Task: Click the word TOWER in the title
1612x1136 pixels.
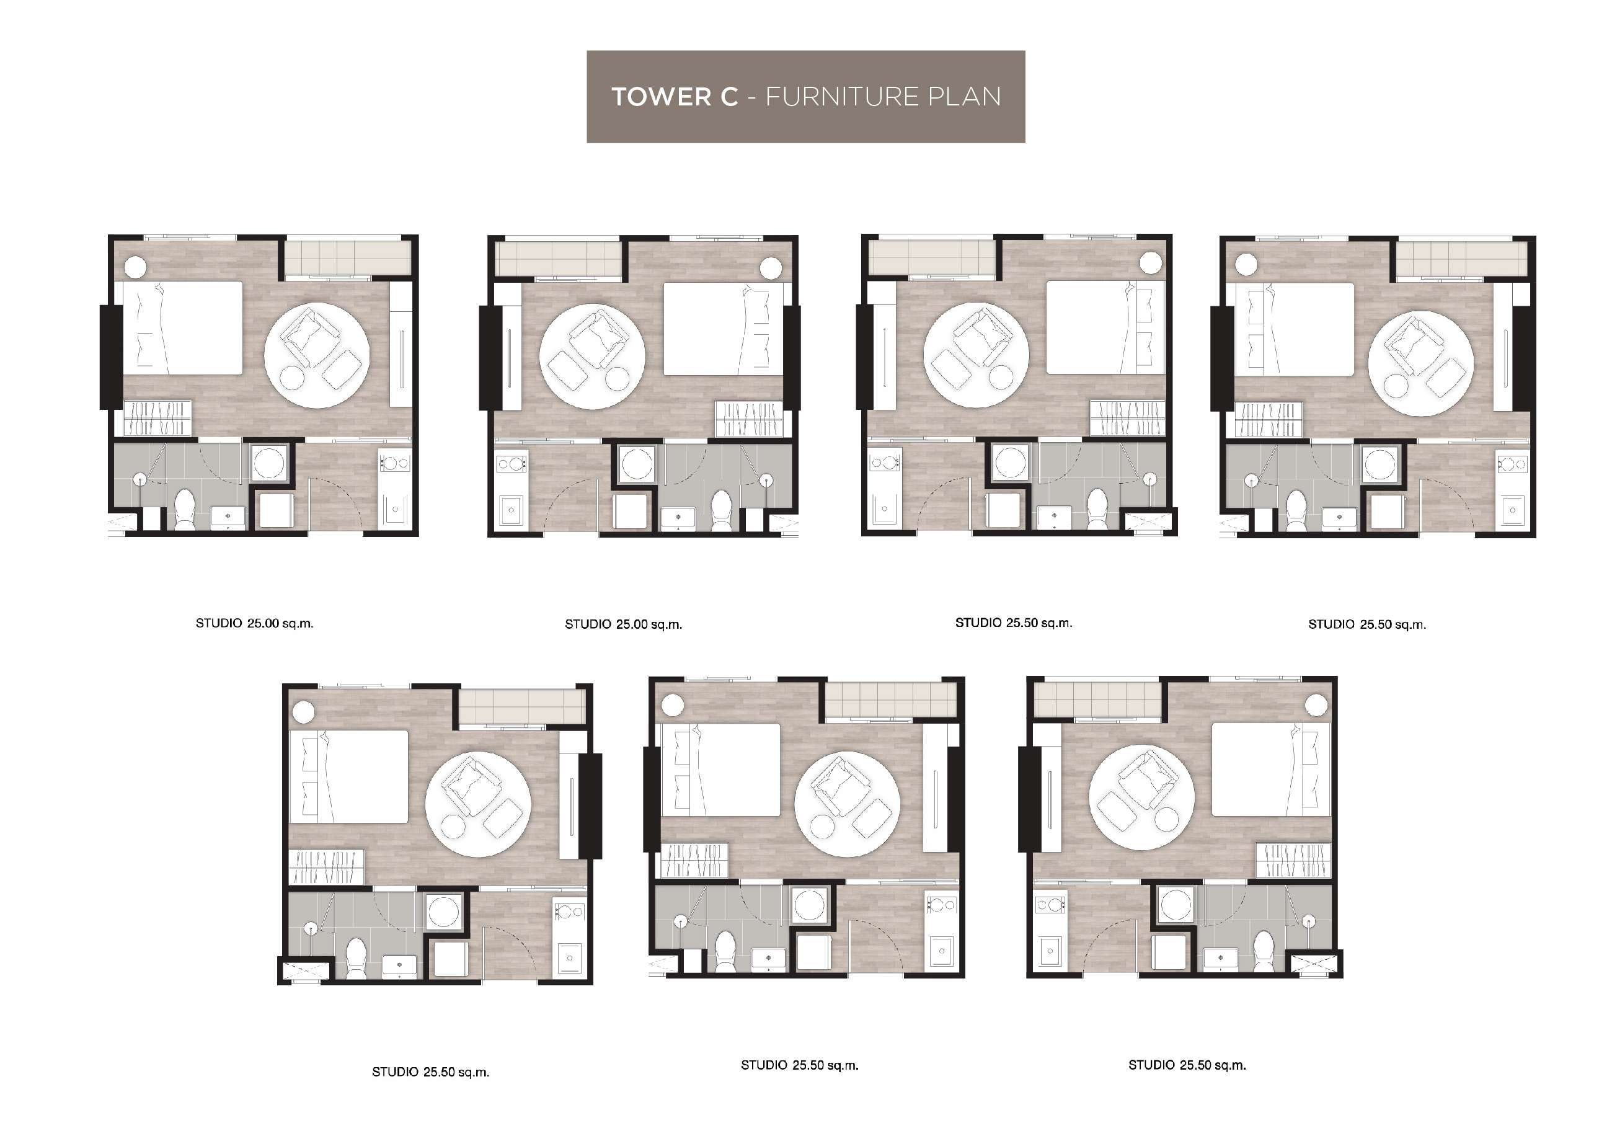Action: click(675, 97)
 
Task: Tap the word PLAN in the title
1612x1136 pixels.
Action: click(965, 97)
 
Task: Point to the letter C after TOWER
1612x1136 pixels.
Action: click(727, 97)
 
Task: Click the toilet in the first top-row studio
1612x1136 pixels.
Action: click(185, 510)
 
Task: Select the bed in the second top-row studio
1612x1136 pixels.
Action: click(723, 329)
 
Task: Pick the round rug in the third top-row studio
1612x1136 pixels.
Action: click(976, 355)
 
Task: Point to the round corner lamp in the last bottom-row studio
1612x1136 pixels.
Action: click(1316, 706)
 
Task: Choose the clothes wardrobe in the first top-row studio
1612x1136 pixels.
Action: click(157, 419)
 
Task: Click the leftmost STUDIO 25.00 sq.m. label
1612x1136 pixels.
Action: click(254, 623)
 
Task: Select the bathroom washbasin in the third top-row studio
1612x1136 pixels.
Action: click(1055, 517)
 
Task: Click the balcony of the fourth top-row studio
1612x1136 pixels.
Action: click(1462, 259)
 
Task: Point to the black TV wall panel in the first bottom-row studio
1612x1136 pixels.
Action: click(594, 806)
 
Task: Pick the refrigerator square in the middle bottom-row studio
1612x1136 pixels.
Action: click(815, 954)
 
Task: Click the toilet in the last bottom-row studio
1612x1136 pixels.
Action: click(1264, 951)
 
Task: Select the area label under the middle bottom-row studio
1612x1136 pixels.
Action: click(800, 1065)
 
